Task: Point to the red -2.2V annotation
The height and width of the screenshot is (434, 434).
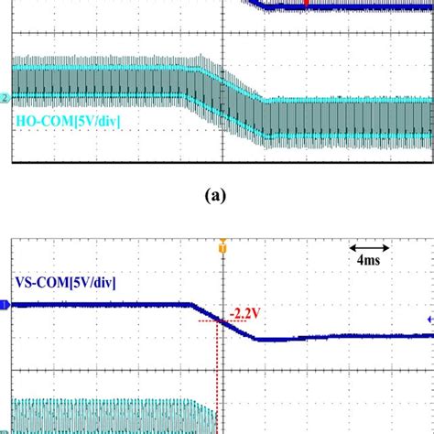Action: click(244, 313)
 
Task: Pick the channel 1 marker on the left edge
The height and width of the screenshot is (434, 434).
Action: click(5, 306)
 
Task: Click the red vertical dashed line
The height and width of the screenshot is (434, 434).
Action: click(217, 366)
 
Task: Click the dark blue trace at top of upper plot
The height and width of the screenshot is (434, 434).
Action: click(348, 6)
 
